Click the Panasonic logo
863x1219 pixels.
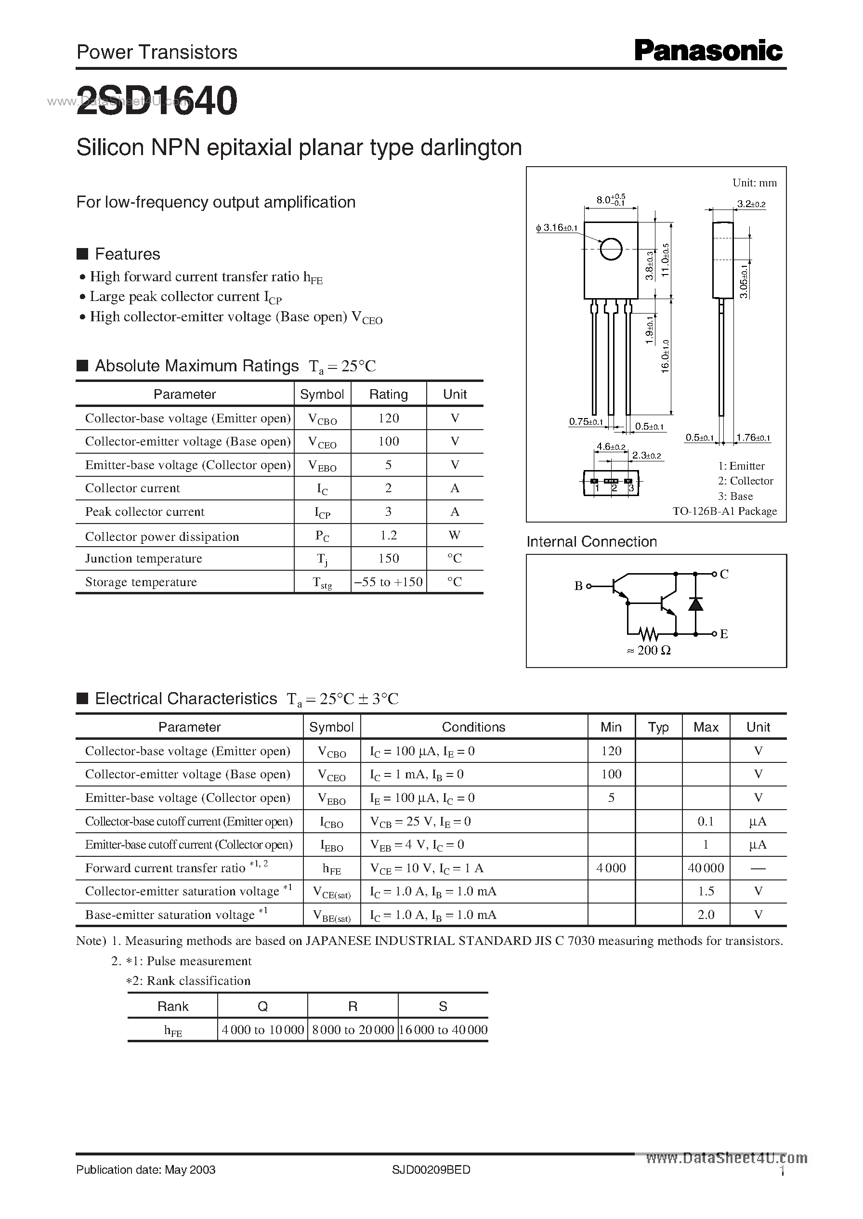click(708, 52)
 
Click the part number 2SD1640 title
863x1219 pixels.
click(157, 101)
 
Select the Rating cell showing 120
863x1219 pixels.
click(388, 418)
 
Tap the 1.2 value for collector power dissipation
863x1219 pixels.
click(388, 535)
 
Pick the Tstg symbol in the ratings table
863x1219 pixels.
click(322, 583)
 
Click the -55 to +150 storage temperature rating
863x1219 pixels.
click(388, 582)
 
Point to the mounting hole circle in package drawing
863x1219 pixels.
click(611, 249)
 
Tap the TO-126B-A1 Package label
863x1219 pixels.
click(724, 511)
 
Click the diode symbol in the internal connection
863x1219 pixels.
click(695, 604)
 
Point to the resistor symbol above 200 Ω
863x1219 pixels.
click(648, 633)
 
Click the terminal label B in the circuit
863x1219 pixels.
click(578, 586)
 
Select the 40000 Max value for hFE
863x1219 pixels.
click(705, 868)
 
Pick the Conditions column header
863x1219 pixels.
click(473, 727)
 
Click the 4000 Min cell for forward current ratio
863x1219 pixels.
click(611, 868)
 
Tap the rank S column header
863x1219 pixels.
click(443, 1006)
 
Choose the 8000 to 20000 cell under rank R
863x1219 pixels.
click(353, 1030)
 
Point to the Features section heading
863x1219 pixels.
click(127, 254)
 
